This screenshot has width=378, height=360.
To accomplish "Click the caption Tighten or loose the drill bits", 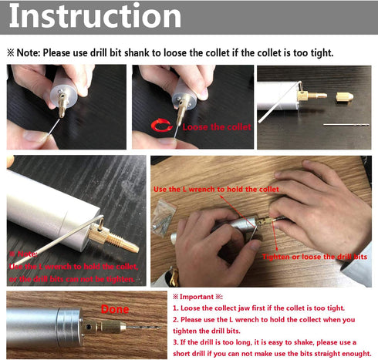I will tap(314, 256).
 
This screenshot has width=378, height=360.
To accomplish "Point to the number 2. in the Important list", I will tap(176, 318).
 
